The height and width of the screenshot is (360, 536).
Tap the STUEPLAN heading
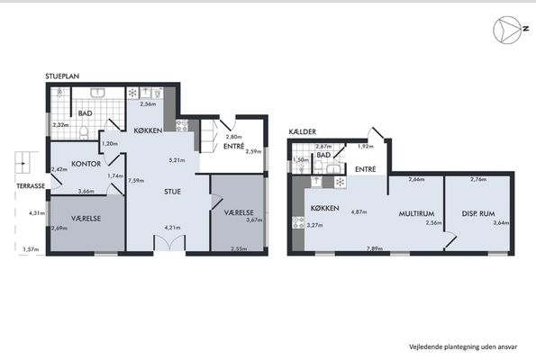(62, 76)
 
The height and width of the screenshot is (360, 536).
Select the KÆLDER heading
(302, 131)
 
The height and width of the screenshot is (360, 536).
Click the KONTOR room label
(86, 164)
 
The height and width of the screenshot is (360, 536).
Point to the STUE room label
(172, 192)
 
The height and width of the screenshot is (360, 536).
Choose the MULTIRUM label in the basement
(416, 214)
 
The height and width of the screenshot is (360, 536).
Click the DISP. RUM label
(478, 214)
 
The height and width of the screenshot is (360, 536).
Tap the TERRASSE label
(31, 186)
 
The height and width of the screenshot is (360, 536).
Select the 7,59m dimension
(136, 180)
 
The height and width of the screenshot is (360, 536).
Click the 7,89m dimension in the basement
(375, 248)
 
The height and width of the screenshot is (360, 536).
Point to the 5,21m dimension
(177, 160)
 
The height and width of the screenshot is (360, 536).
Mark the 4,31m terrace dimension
(37, 213)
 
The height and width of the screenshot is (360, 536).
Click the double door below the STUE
(169, 243)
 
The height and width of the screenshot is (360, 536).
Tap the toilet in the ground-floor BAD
(84, 132)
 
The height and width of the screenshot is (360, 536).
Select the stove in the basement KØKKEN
(298, 222)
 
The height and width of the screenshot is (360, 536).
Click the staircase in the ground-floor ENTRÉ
(209, 135)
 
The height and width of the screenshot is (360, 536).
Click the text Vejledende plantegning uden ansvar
(463, 347)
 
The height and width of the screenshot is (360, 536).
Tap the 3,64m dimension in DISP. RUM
(501, 223)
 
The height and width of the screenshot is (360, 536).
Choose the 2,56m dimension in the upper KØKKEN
(148, 104)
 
